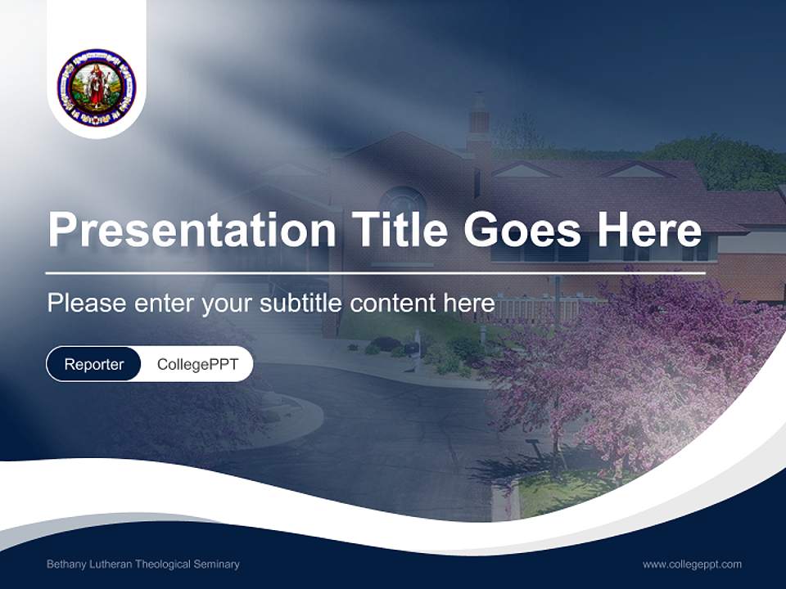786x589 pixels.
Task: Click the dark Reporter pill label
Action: coord(94,364)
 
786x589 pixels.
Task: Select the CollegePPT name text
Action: coord(197,364)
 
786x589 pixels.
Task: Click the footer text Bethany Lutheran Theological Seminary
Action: coord(143,564)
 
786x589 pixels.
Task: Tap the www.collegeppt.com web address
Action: coord(692,564)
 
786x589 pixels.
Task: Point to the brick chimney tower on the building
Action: coord(478,123)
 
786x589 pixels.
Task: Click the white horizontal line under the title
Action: coord(376,272)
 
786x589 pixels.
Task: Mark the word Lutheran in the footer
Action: coord(109,564)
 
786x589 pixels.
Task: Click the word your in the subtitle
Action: coord(228,304)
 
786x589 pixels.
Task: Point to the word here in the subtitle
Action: coord(468,303)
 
